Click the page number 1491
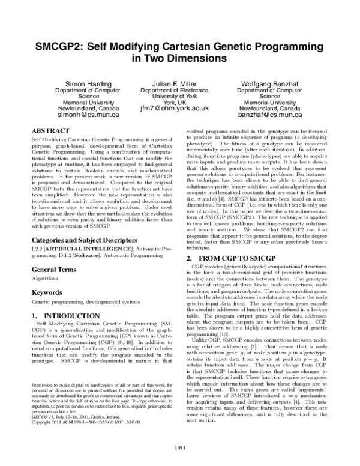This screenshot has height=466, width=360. (179, 448)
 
